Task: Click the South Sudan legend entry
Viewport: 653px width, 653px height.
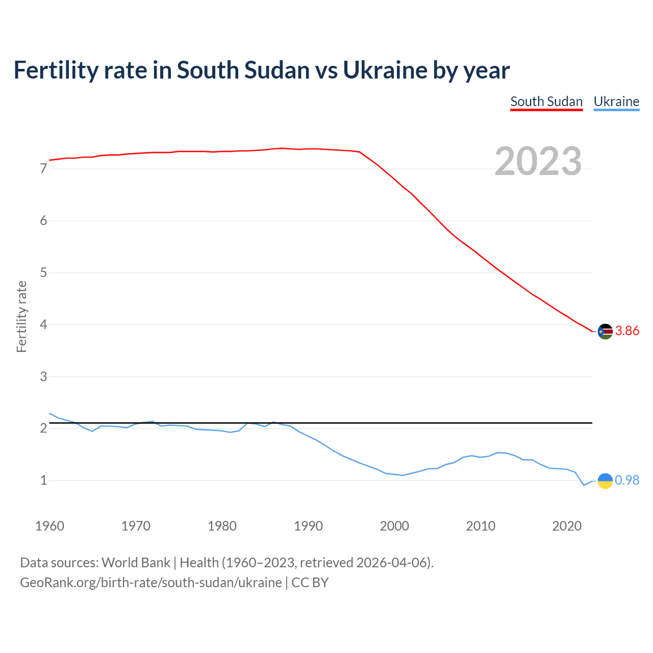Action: (x=546, y=102)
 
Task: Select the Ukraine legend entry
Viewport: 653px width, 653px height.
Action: (x=616, y=102)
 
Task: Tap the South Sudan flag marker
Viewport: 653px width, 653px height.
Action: (x=605, y=331)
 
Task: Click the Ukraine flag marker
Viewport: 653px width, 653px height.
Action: (x=605, y=481)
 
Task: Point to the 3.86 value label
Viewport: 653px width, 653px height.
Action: (x=627, y=331)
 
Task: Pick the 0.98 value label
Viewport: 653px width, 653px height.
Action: (x=627, y=481)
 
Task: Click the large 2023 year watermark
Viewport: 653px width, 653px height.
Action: (x=538, y=161)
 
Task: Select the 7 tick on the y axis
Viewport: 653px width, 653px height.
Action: (x=43, y=169)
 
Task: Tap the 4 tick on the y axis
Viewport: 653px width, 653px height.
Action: (x=43, y=324)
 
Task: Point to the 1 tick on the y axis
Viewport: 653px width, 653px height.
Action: (x=43, y=480)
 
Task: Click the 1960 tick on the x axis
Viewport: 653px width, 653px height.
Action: (x=49, y=526)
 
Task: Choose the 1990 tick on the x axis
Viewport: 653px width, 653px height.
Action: (x=308, y=526)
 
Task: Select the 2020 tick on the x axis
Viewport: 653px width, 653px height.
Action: (x=567, y=526)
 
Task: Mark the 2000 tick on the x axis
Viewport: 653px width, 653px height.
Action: (x=394, y=526)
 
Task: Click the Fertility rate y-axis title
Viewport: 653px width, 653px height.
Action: (x=21, y=316)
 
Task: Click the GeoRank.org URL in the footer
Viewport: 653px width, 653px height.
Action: (x=150, y=583)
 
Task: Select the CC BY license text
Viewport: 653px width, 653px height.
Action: (x=310, y=583)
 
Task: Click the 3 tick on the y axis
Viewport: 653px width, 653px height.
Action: (x=43, y=376)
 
